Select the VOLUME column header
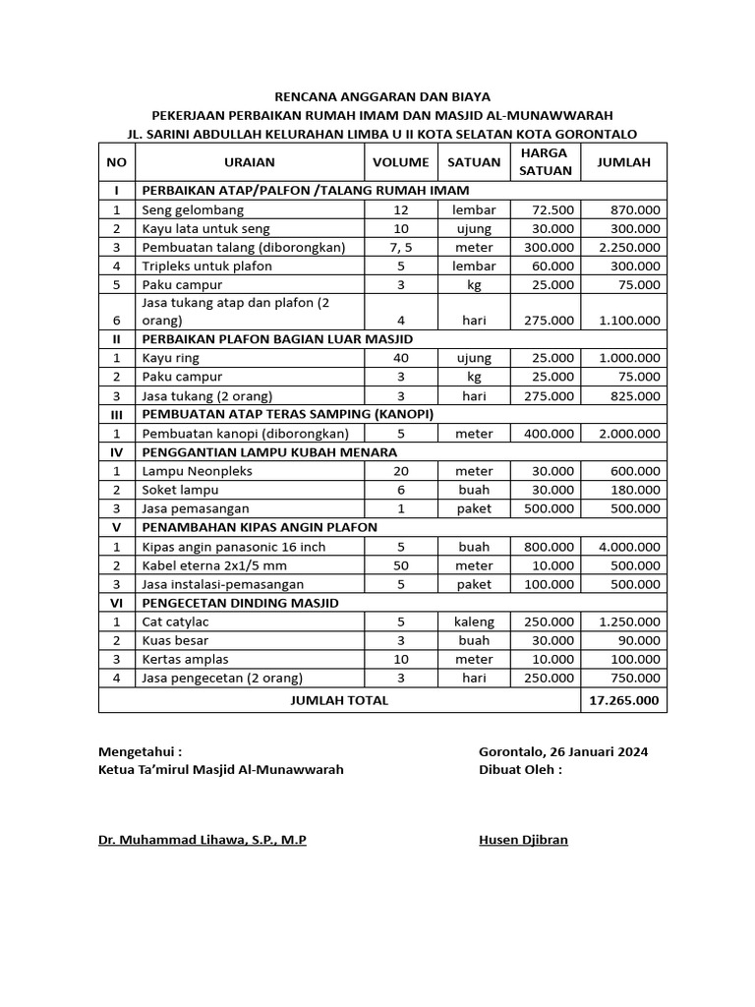pyautogui.click(x=400, y=162)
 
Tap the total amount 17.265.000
pyautogui.click(x=624, y=700)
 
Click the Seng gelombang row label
pyautogui.click(x=193, y=209)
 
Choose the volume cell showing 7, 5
pyautogui.click(x=400, y=247)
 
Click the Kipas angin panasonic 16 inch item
pyautogui.click(x=233, y=546)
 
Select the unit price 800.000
pyautogui.click(x=551, y=546)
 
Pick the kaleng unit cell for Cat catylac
pyautogui.click(x=474, y=622)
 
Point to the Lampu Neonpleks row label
pyautogui.click(x=197, y=471)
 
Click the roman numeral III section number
pyautogui.click(x=116, y=415)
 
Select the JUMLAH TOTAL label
pyautogui.click(x=339, y=700)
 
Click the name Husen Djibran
pyautogui.click(x=522, y=840)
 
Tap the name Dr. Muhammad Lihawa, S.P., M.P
pyautogui.click(x=202, y=840)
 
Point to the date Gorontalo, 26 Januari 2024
pyautogui.click(x=562, y=751)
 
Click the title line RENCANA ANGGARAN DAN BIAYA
pyautogui.click(x=382, y=96)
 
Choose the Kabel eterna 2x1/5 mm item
pyautogui.click(x=215, y=564)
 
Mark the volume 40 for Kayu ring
pyautogui.click(x=400, y=358)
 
